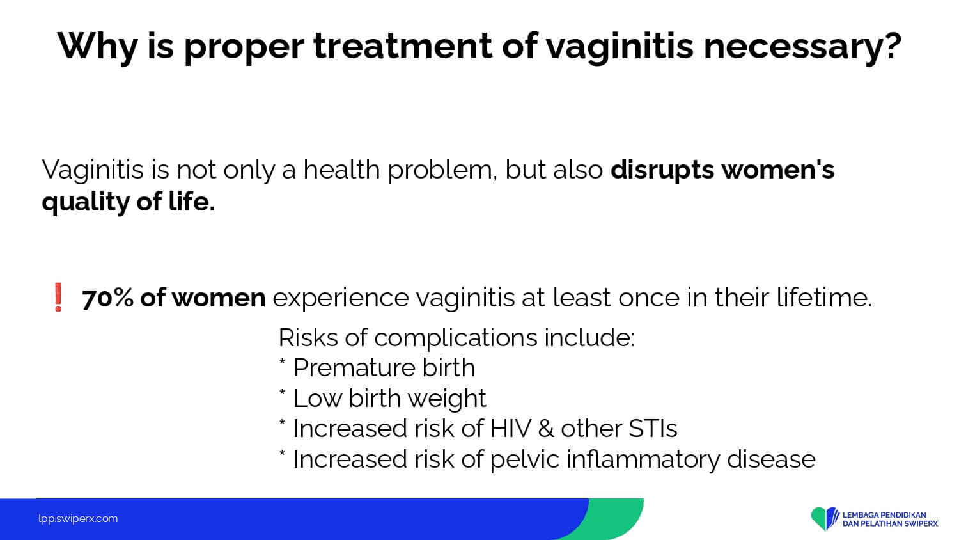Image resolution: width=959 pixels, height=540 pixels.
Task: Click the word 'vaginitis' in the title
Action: [x=620, y=47]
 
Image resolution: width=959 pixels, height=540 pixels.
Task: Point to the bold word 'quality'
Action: [x=85, y=202]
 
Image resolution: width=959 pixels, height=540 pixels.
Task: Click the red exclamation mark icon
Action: [x=58, y=297]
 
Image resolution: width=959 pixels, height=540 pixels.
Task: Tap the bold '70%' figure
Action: [x=107, y=298]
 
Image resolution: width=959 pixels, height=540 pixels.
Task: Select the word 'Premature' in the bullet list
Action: [x=354, y=368]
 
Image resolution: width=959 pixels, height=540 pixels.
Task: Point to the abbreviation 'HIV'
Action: [x=510, y=429]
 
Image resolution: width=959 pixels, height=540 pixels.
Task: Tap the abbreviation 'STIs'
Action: [x=653, y=429]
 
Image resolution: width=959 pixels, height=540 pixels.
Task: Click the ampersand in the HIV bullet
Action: [x=545, y=429]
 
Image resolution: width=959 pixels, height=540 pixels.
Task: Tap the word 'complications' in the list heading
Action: [x=455, y=338]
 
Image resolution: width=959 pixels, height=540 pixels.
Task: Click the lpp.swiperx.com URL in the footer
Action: [x=78, y=519]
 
